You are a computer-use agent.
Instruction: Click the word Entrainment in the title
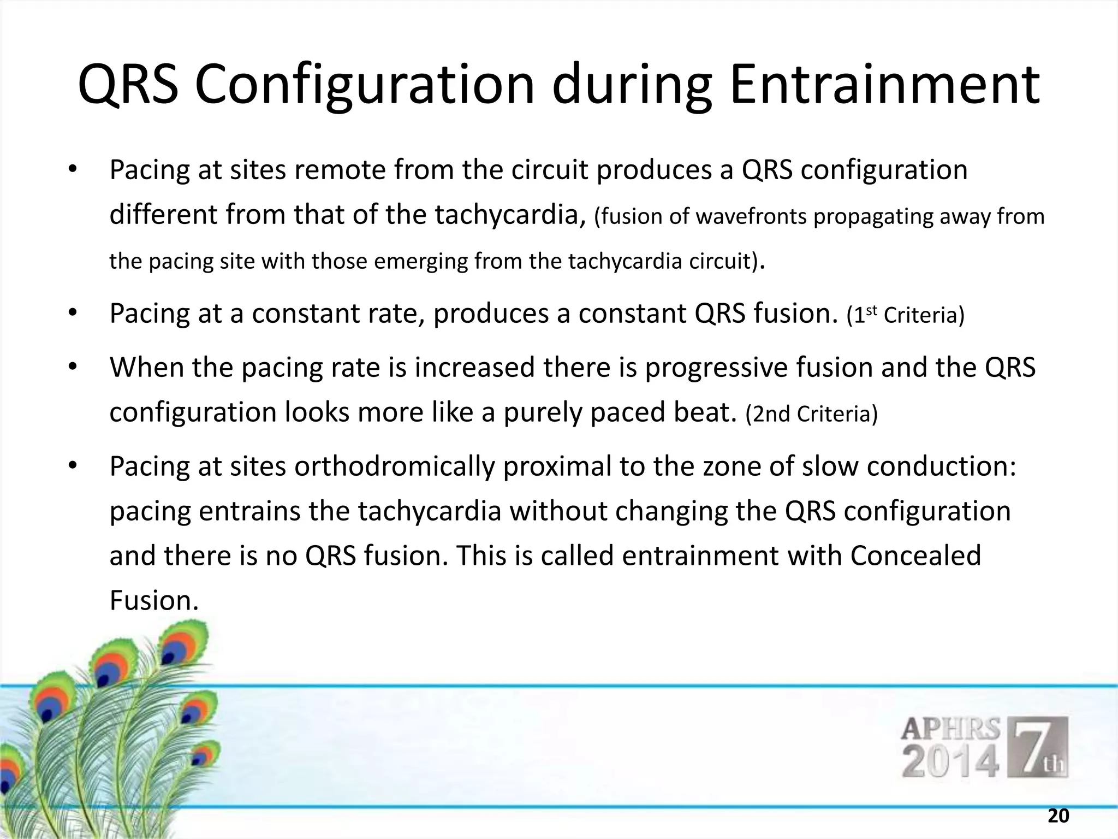click(x=884, y=86)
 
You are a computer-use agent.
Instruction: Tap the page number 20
click(x=1058, y=816)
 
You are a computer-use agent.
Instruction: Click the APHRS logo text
click(x=950, y=730)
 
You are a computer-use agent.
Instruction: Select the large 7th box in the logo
click(x=1037, y=747)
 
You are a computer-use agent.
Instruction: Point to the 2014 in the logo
click(x=950, y=763)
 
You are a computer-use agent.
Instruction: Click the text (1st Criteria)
click(x=905, y=316)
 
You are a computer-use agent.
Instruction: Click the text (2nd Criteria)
click(x=811, y=414)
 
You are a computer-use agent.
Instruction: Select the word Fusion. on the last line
click(x=153, y=600)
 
